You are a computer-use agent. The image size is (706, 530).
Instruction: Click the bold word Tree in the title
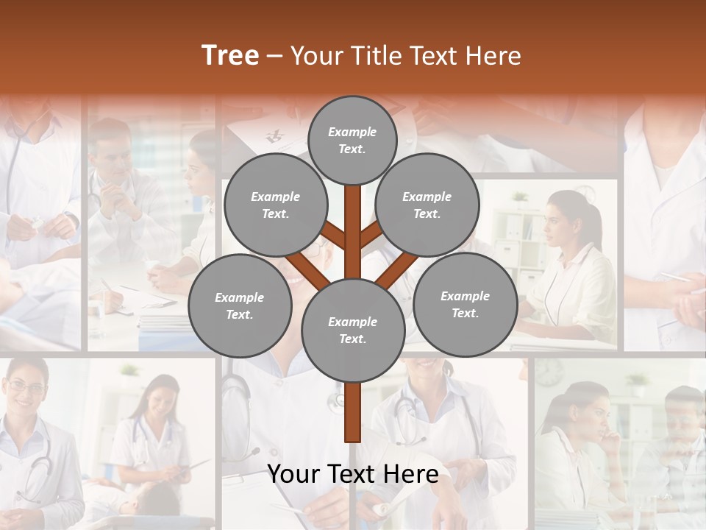pyautogui.click(x=230, y=55)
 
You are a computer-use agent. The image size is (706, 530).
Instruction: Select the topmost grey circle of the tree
pyautogui.click(x=352, y=140)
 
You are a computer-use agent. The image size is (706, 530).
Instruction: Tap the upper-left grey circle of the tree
pyautogui.click(x=275, y=205)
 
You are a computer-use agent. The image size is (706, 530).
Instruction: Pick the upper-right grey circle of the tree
pyautogui.click(x=427, y=205)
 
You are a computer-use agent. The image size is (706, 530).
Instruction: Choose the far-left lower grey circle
pyautogui.click(x=240, y=305)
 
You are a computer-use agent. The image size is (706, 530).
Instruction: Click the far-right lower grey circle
pyautogui.click(x=465, y=304)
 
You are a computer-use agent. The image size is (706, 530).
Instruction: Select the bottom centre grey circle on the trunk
pyautogui.click(x=353, y=330)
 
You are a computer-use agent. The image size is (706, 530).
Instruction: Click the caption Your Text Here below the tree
pyautogui.click(x=353, y=473)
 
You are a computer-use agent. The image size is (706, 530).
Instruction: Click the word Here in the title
pyautogui.click(x=493, y=55)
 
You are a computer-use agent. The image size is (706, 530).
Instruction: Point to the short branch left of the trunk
pyautogui.click(x=332, y=236)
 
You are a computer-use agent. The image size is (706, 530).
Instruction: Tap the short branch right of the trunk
pyautogui.click(x=372, y=236)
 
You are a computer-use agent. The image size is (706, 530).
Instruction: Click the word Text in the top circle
pyautogui.click(x=352, y=149)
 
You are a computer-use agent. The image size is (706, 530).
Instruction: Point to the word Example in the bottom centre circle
pyautogui.click(x=352, y=322)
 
